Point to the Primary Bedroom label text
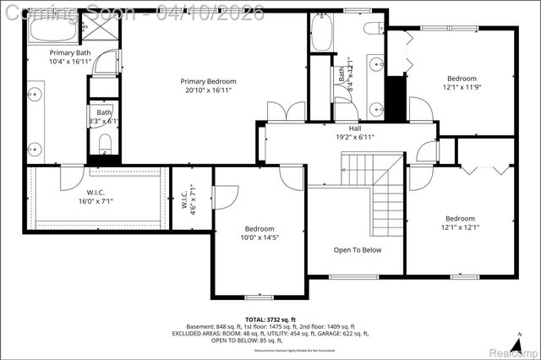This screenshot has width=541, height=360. [x=207, y=81]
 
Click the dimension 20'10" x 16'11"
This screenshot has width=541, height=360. [x=207, y=91]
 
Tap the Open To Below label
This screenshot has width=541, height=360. [x=357, y=250]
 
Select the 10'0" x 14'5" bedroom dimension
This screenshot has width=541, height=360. [x=260, y=237]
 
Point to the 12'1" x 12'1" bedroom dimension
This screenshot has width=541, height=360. [x=460, y=226]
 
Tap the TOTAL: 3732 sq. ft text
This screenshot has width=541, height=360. [x=270, y=319]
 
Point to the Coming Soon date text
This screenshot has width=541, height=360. [x=132, y=11]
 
